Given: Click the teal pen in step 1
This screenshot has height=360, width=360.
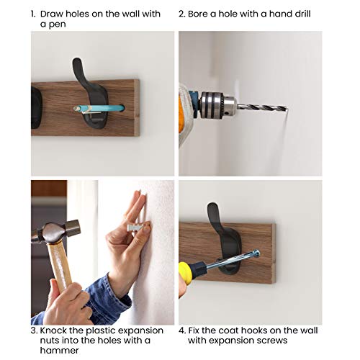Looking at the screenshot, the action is tap(99, 109).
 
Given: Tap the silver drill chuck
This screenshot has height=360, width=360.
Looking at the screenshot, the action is tap(218, 106).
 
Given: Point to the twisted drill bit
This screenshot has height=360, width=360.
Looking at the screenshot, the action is tap(262, 107).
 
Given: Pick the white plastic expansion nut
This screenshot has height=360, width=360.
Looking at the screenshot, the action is tap(135, 227).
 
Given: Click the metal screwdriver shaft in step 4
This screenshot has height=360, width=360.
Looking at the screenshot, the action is tap(233, 261).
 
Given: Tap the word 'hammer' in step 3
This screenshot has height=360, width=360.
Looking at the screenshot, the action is tap(59, 350).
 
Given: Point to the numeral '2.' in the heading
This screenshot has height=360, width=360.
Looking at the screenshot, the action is tap(182, 14).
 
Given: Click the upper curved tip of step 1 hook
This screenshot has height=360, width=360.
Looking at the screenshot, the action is tap(77, 60).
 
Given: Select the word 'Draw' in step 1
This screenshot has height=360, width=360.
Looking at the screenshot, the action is tap(52, 14).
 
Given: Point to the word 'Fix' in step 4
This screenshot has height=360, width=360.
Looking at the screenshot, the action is tap(194, 330).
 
